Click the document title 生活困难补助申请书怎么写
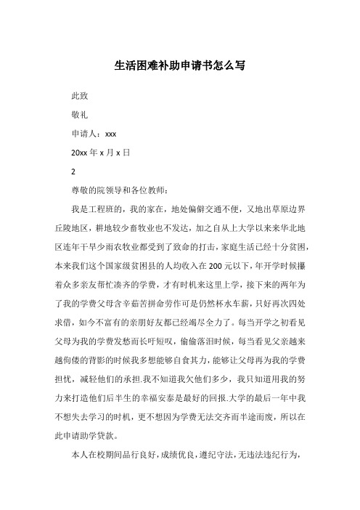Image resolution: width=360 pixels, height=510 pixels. pyautogui.click(x=180, y=65)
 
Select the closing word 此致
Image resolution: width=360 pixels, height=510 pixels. pyautogui.click(x=79, y=96)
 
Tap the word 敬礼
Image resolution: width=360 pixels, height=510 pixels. pyautogui.click(x=79, y=115)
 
